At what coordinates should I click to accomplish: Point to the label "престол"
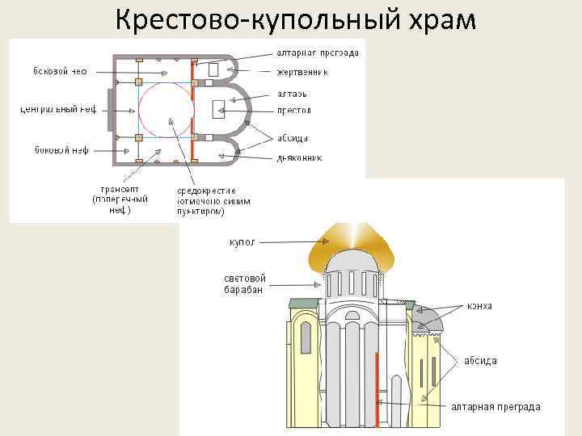(x=293, y=110)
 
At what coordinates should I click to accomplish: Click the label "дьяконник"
(x=299, y=157)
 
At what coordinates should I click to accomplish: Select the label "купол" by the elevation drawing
(x=242, y=241)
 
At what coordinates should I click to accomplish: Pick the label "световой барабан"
(x=245, y=284)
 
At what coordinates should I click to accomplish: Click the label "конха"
(x=479, y=307)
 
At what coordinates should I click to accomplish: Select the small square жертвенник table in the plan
(x=213, y=70)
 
